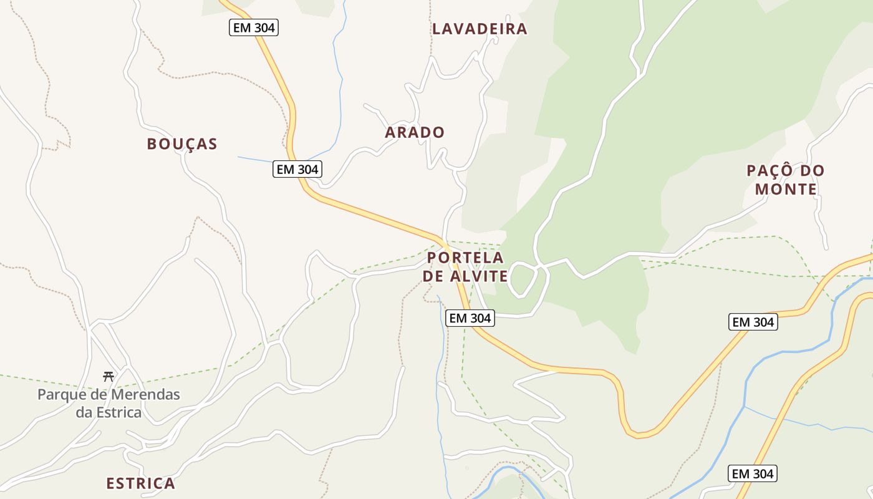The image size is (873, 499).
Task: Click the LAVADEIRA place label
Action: tap(480, 29)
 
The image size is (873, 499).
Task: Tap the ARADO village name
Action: tap(415, 132)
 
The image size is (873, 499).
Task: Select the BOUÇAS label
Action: tap(182, 144)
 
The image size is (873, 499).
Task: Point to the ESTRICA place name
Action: tap(140, 483)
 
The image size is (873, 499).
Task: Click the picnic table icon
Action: tap(109, 376)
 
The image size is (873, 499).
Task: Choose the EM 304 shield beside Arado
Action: tap(297, 169)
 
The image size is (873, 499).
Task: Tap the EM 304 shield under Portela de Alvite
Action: tap(470, 318)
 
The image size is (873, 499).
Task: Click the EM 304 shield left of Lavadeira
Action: tap(253, 27)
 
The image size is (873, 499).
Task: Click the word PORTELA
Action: tap(465, 258)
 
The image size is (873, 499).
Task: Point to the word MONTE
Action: tap(786, 189)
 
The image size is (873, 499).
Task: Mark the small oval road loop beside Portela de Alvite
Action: tap(523, 279)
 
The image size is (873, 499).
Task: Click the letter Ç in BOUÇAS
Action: tap(183, 144)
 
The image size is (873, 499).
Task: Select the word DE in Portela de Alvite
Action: tap(434, 276)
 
